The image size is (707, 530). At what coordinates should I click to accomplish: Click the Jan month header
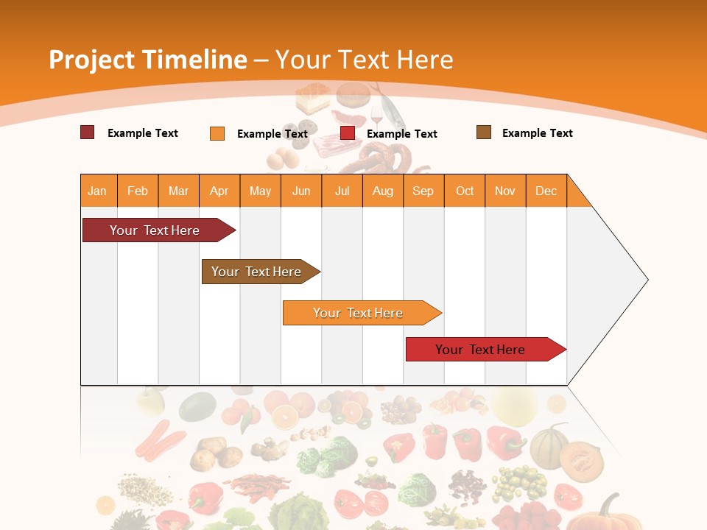pos(98,191)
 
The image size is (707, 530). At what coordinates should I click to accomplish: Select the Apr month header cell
pos(219,191)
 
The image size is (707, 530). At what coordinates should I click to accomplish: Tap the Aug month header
pos(383,191)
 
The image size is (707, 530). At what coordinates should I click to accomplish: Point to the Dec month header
pos(546,191)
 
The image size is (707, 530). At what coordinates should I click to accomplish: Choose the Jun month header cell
pos(301,191)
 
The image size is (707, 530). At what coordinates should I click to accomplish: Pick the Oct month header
pos(465,191)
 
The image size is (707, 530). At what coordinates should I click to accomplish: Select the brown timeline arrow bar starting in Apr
pos(258,272)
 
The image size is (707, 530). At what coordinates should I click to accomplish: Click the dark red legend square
pos(87,132)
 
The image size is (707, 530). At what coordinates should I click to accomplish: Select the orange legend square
pos(217,133)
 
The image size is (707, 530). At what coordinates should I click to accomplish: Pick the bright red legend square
pos(348,133)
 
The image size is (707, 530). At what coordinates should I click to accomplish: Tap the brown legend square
pos(484,132)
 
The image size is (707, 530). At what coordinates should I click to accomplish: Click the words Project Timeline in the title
pos(147,60)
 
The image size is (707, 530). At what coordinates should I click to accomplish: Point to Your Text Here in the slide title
pos(365,60)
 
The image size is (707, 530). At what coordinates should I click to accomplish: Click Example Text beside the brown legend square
pos(537,133)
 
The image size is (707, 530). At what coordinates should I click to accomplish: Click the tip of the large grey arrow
pos(646,280)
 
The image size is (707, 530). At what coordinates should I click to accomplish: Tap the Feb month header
pos(138,191)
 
